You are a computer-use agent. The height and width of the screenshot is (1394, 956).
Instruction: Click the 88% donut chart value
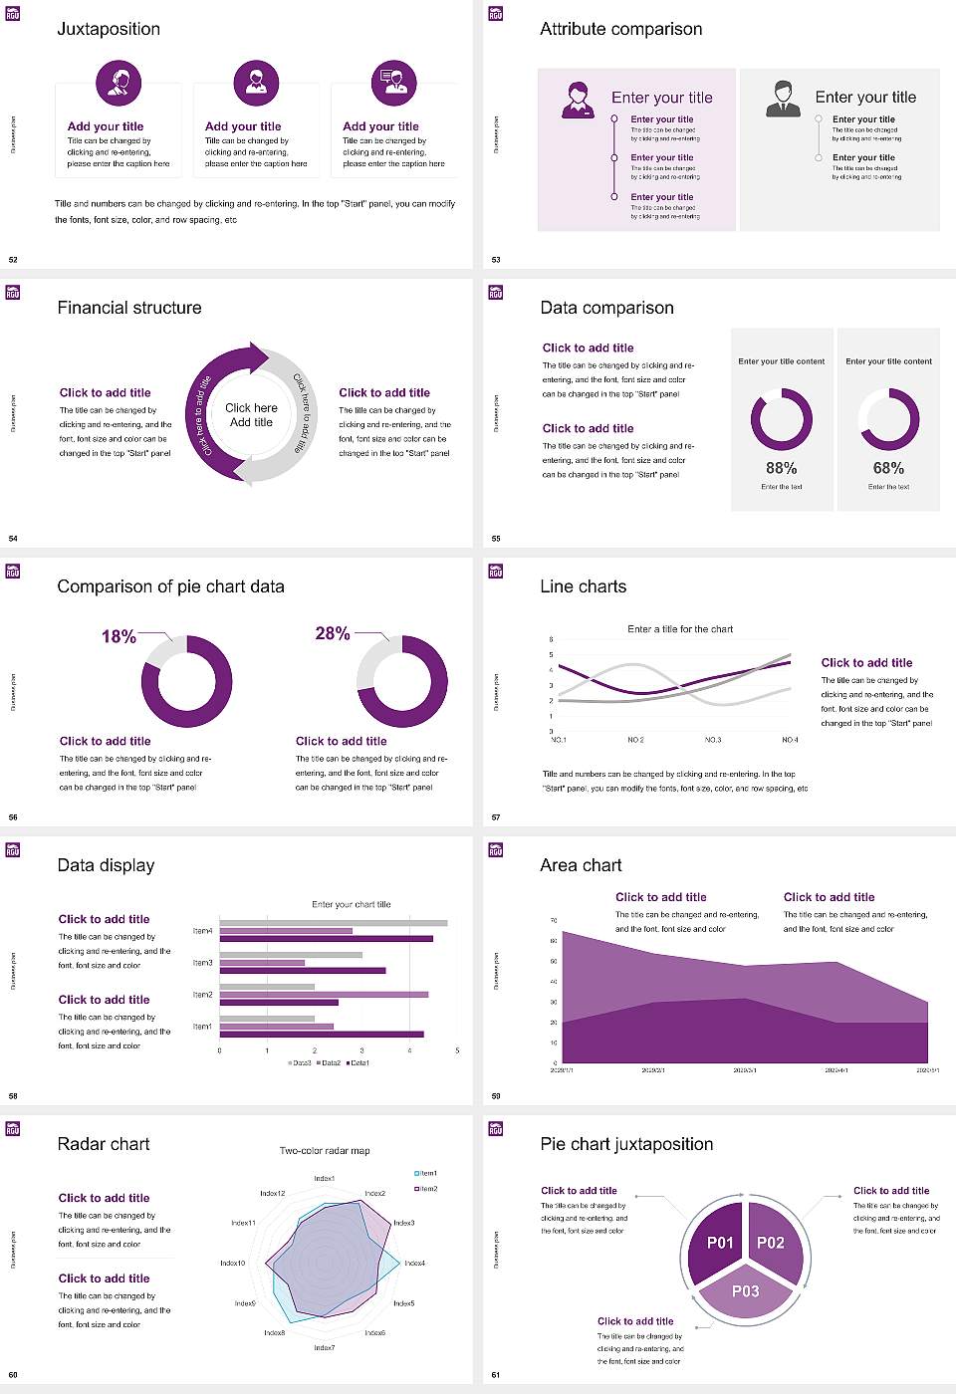tap(781, 468)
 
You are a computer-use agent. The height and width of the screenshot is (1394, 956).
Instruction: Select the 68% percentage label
tap(888, 468)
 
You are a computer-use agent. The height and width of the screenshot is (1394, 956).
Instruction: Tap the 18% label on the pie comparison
tap(119, 637)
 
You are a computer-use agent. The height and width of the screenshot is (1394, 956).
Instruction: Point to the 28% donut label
tap(332, 634)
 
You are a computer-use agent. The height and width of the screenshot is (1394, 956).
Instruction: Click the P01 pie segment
tap(720, 1243)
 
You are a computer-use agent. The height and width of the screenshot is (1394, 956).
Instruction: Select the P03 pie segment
tap(745, 1291)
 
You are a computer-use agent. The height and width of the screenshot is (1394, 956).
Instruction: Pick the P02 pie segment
tap(771, 1243)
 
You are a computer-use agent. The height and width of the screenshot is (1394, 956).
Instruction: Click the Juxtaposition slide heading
tap(109, 29)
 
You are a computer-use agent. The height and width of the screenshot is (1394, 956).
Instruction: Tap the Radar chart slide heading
tap(104, 1144)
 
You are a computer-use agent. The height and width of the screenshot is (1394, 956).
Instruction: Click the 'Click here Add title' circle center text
tap(251, 415)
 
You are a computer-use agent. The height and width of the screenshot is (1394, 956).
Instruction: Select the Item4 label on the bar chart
tap(202, 931)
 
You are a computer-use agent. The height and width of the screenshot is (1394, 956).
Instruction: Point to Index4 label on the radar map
tap(415, 1264)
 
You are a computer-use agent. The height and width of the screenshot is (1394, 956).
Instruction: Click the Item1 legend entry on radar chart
tap(426, 1173)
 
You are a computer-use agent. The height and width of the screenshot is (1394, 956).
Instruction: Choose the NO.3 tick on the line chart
tap(713, 740)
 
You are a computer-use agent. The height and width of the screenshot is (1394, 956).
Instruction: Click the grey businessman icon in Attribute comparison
tap(783, 99)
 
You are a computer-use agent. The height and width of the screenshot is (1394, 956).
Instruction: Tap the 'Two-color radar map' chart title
tap(325, 1151)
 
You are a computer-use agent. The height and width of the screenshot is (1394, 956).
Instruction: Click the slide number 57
tap(495, 817)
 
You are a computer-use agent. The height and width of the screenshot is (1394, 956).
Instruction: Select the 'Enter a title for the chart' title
tap(680, 629)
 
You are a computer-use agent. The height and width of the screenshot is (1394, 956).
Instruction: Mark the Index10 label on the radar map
tap(232, 1264)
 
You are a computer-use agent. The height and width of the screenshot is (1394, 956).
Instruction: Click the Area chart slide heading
tap(581, 865)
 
